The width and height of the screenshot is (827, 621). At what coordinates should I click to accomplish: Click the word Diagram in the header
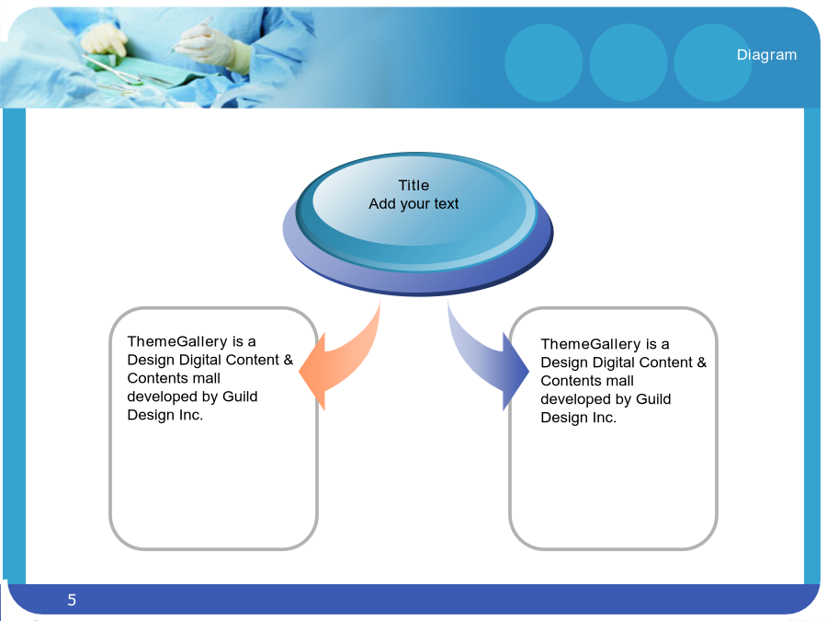click(766, 55)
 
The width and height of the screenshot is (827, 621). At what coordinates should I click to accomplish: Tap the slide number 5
click(72, 600)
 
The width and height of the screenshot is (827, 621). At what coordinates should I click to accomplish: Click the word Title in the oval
click(413, 185)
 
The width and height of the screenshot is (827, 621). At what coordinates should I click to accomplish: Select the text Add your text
click(413, 204)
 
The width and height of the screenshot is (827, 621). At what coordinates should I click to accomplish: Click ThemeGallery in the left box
click(177, 341)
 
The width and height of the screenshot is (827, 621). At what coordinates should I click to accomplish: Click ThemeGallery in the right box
click(591, 344)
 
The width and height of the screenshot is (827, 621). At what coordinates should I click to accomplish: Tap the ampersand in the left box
click(288, 360)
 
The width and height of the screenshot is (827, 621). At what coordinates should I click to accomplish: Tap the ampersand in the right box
click(701, 362)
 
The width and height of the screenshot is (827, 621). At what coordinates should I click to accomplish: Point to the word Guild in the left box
click(240, 397)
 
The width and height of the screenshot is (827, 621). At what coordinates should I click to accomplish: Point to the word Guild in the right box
click(653, 399)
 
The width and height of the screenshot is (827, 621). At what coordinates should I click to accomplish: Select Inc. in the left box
click(190, 415)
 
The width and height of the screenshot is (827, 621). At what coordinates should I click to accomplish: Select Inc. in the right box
click(604, 418)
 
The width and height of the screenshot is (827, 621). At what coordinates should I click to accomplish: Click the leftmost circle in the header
click(544, 63)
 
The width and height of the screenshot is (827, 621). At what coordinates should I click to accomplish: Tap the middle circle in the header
click(629, 63)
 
